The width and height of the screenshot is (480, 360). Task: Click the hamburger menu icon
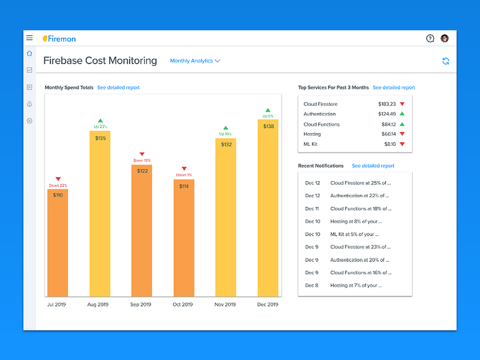coord(29,38)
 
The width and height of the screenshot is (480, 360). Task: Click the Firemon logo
coord(59,39)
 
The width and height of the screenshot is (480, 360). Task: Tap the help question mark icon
coord(430,38)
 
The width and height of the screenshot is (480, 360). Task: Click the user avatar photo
coord(445,38)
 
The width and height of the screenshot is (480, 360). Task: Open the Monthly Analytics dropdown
coord(195,61)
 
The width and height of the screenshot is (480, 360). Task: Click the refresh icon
coord(446,61)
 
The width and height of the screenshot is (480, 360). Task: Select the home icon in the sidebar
coord(29,53)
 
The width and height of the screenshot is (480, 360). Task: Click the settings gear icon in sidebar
coord(29,121)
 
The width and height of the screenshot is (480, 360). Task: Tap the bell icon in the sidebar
coord(29,104)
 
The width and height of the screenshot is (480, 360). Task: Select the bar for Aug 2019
coord(100,214)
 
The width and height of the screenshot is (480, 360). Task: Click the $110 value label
coord(58,195)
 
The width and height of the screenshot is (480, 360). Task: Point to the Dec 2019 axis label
coord(268,304)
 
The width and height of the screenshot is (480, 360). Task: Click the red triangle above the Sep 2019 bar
coord(142,154)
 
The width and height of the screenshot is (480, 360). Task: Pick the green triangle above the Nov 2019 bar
coord(226,128)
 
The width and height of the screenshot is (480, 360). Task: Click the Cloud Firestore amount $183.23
coord(387,104)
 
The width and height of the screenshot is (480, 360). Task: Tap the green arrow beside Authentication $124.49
coord(402,113)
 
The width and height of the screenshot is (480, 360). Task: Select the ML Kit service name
coord(310,144)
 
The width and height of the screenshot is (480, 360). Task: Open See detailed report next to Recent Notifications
coord(373,166)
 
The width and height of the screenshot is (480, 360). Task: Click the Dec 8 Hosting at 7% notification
coord(343,286)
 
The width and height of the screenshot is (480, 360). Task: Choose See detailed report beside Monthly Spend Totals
coord(118,88)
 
